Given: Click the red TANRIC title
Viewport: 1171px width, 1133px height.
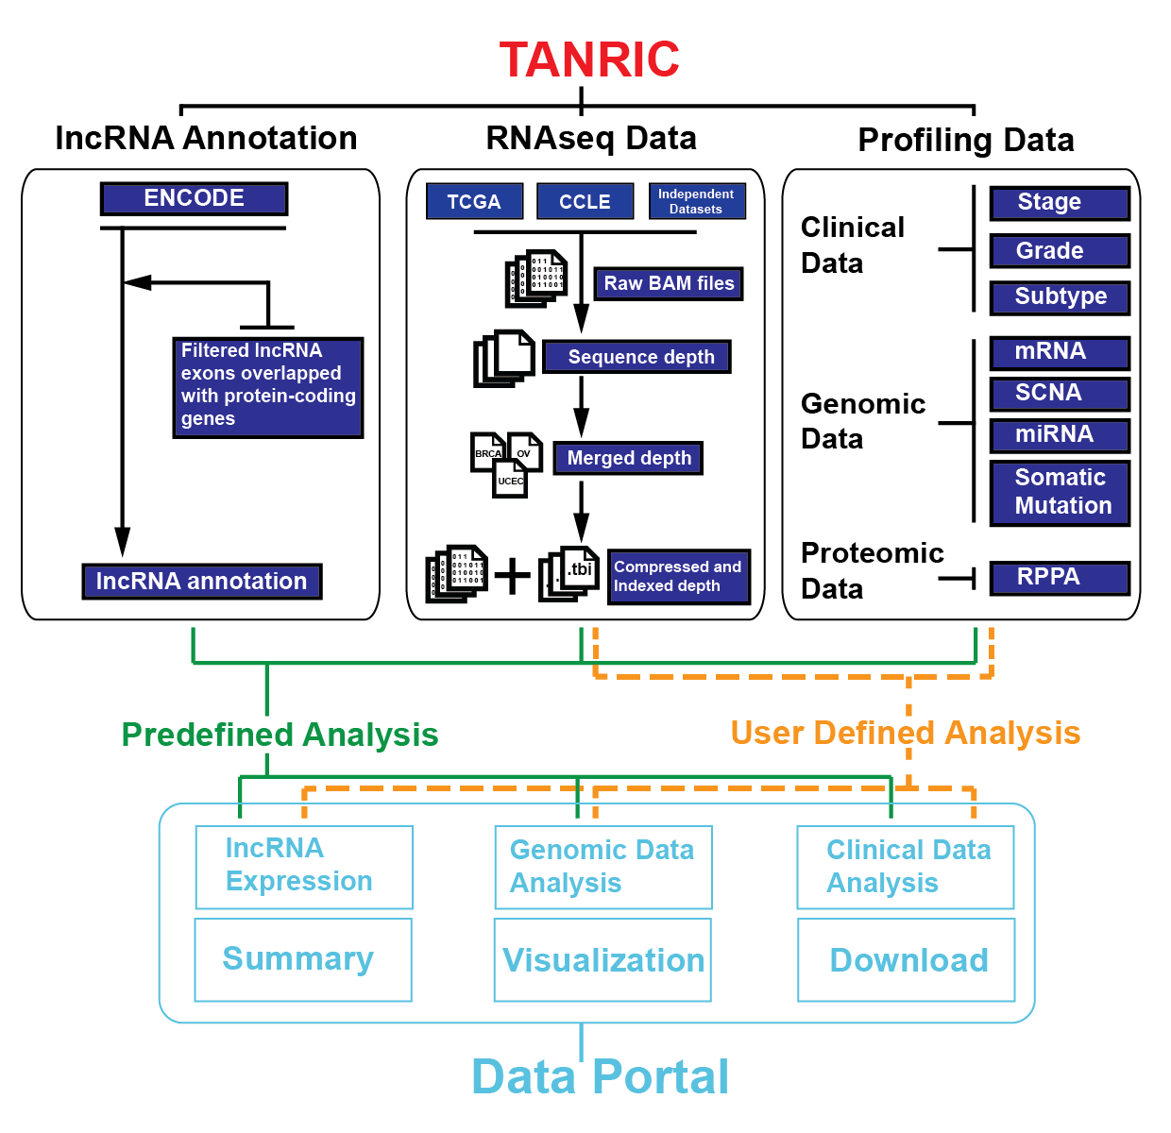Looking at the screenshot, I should pyautogui.click(x=589, y=59).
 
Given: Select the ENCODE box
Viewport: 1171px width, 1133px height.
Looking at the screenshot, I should pyautogui.click(x=194, y=198).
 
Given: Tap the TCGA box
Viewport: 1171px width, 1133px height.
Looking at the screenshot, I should pyautogui.click(x=474, y=202).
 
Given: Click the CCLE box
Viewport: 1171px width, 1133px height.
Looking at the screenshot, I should pyautogui.click(x=585, y=202).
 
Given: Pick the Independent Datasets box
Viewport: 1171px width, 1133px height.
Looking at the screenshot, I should pyautogui.click(x=697, y=201).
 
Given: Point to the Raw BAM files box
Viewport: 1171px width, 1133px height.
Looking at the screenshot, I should pyautogui.click(x=669, y=283).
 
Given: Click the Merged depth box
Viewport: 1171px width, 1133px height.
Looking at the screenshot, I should pyautogui.click(x=629, y=458).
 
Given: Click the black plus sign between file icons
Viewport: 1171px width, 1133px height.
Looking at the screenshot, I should pyautogui.click(x=513, y=575).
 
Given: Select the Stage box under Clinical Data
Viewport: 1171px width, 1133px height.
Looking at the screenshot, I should pyautogui.click(x=1060, y=203).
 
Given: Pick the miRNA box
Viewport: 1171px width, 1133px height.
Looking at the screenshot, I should pyautogui.click(x=1060, y=435).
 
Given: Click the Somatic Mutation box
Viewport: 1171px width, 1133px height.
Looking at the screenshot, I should pyautogui.click(x=1060, y=492).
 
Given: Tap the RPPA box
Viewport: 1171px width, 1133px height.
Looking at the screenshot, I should pyautogui.click(x=1060, y=578).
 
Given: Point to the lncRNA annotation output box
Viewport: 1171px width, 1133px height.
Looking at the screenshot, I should pyautogui.click(x=202, y=582).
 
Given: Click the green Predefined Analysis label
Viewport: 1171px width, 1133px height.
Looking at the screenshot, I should pyautogui.click(x=280, y=735).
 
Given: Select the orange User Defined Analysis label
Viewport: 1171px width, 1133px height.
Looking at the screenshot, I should pyautogui.click(x=905, y=733).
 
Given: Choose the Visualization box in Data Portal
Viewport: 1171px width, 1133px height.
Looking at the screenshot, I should pyautogui.click(x=602, y=960).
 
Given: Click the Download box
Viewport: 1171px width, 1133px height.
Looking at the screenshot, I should pyautogui.click(x=907, y=960).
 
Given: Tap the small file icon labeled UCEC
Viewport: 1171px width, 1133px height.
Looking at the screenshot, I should pyautogui.click(x=511, y=478).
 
